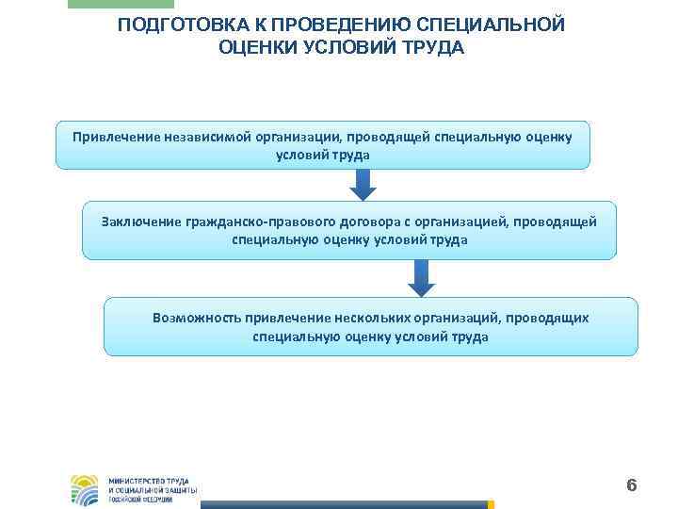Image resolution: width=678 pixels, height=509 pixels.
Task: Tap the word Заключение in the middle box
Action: (x=140, y=221)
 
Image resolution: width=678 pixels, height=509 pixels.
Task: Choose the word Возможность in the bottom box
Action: (x=197, y=318)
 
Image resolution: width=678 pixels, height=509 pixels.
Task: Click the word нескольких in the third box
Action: (x=362, y=318)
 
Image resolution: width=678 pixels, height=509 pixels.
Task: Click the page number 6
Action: (x=632, y=485)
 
